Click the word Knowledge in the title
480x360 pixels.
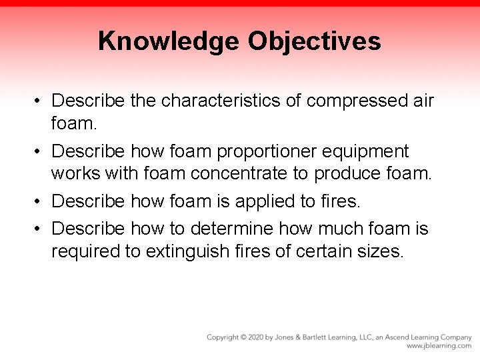pyautogui.click(x=169, y=41)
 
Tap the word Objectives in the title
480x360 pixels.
pyautogui.click(x=315, y=41)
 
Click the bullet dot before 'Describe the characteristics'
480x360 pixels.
pyautogui.click(x=40, y=102)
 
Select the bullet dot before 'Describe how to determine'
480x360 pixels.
pyautogui.click(x=40, y=229)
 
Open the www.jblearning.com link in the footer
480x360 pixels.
pyautogui.click(x=439, y=347)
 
